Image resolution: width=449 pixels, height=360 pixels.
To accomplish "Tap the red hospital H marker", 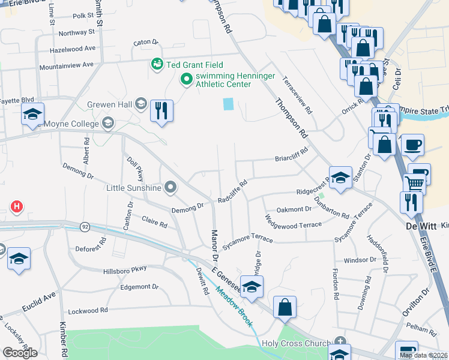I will (x=17, y=207).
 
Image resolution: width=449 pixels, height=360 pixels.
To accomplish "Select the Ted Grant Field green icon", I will (x=157, y=64).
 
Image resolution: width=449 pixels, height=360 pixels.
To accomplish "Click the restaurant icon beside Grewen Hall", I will (x=161, y=110).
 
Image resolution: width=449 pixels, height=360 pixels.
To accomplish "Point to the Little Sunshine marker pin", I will (x=170, y=188).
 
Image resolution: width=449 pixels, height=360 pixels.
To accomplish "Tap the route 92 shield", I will (x=85, y=227).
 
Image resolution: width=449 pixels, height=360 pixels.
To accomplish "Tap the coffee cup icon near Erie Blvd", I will (x=412, y=145).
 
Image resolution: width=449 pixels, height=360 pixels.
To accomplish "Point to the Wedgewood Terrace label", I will (x=293, y=221).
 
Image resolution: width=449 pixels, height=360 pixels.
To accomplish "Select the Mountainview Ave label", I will (x=66, y=64).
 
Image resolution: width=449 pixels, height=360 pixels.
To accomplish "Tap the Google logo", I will (x=19, y=352).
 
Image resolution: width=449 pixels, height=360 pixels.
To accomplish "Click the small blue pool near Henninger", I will (x=228, y=104).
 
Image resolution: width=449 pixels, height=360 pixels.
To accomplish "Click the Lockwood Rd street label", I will (x=88, y=310).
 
